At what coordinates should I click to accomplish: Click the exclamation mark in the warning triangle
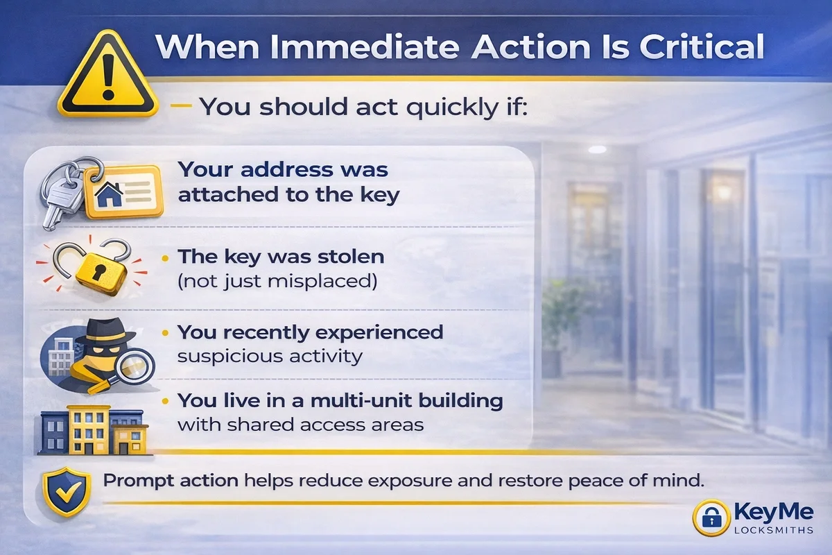pos(108,77)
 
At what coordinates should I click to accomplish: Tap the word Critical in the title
pos(702,47)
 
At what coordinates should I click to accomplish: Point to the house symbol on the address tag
pos(109,194)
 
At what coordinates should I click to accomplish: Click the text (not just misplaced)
pos(277,281)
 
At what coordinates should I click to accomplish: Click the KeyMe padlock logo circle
pos(711,518)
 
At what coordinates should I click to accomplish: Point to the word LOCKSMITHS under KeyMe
pos(774,530)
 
